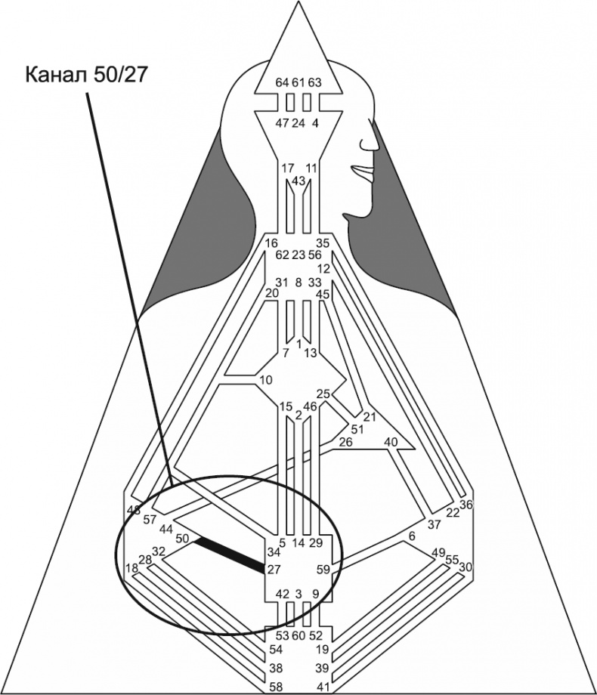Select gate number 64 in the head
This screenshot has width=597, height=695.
[x=282, y=82]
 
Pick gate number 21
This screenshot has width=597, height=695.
[x=370, y=417]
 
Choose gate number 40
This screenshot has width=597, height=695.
[x=391, y=442]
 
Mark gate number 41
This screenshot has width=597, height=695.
[x=323, y=686]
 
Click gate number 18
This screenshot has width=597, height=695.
[x=131, y=568]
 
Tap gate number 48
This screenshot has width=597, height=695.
[x=135, y=510]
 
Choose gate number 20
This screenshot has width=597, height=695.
[x=272, y=293]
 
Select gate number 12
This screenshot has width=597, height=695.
[x=324, y=268]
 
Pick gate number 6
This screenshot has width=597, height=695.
[x=412, y=536]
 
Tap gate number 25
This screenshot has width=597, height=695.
[x=323, y=394]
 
